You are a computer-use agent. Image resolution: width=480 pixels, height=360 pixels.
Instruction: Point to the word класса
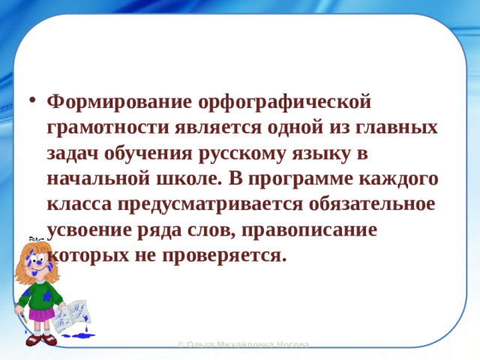[77, 203]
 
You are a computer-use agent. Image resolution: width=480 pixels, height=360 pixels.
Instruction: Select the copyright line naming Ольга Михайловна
[243, 344]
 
